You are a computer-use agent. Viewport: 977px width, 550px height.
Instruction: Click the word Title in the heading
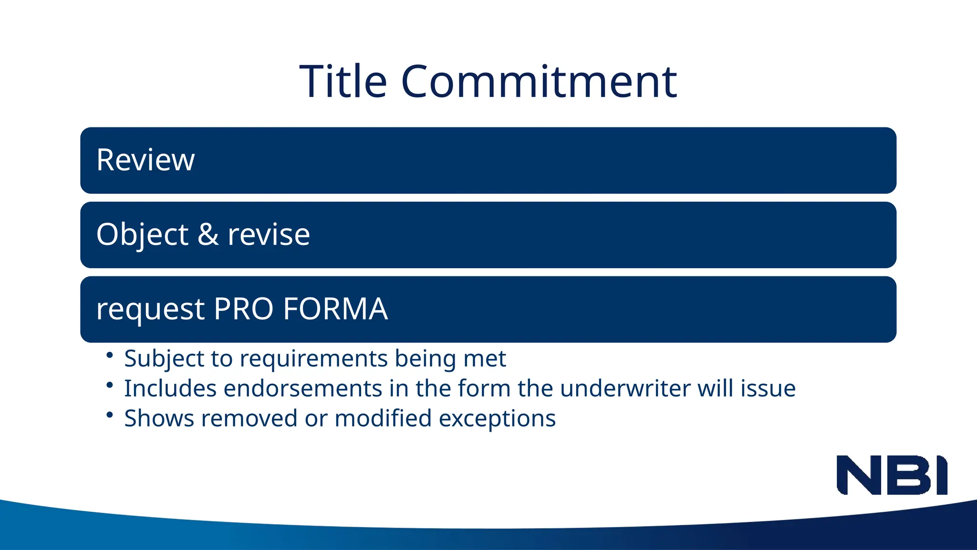(x=343, y=82)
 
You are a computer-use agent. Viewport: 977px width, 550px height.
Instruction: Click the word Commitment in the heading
(x=539, y=82)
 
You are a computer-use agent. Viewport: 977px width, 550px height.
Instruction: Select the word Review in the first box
(x=146, y=160)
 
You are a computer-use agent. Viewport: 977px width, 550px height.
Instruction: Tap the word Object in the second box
(x=142, y=234)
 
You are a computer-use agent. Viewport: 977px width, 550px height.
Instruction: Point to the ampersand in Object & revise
(x=208, y=234)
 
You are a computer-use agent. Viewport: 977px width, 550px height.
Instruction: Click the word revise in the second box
(x=269, y=234)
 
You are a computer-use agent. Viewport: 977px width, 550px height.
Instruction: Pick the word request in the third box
(x=150, y=310)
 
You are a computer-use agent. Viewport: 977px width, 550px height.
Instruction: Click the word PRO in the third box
(x=243, y=309)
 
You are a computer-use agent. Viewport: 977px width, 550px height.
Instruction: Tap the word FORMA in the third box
(x=335, y=309)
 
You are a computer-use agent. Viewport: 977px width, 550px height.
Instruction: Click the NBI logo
(x=892, y=475)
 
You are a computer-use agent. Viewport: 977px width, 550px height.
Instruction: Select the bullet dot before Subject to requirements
(x=110, y=355)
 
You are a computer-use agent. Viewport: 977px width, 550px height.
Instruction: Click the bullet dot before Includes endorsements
(x=110, y=385)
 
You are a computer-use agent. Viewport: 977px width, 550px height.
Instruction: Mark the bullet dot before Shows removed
(x=110, y=415)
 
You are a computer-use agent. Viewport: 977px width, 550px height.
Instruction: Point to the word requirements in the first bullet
(x=313, y=359)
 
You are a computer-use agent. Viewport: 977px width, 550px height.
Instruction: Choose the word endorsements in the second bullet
(x=302, y=389)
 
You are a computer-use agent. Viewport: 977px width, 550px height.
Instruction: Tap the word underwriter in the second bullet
(x=625, y=389)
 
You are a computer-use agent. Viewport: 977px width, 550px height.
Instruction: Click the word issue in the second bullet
(x=768, y=389)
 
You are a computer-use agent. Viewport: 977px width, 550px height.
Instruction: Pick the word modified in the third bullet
(x=383, y=419)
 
